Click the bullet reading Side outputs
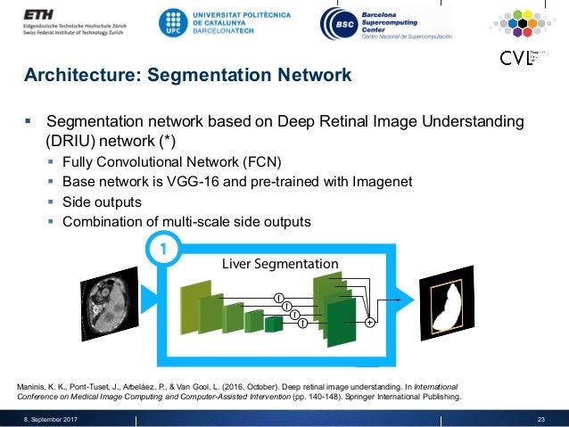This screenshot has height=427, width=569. (x=102, y=201)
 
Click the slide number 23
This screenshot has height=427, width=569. (x=540, y=419)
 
